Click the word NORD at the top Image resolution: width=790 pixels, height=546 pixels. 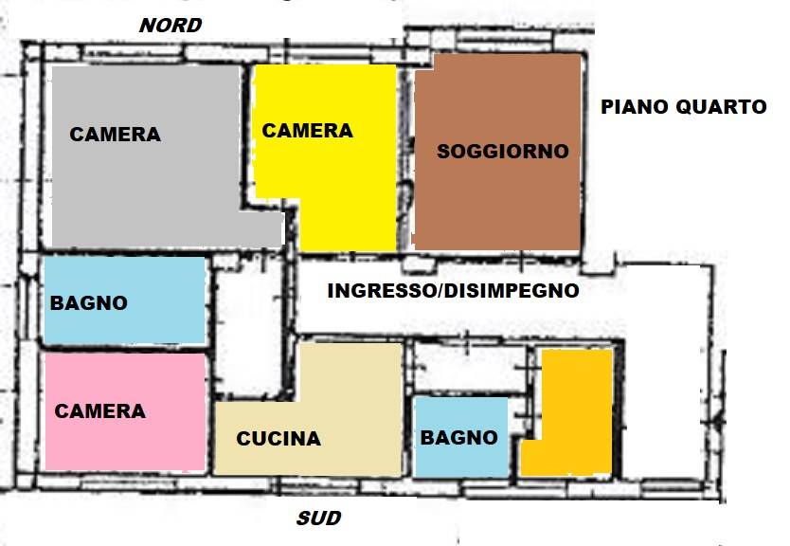coord(171,26)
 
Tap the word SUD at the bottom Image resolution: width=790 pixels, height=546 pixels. coord(318,519)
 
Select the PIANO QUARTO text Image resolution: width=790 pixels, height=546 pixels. coord(683,107)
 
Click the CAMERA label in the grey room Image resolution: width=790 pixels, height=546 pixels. coord(115,135)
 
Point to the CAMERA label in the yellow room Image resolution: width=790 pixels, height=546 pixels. coord(307,131)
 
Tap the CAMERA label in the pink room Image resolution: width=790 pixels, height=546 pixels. coord(99,411)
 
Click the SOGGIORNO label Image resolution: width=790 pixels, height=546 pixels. coord(502,151)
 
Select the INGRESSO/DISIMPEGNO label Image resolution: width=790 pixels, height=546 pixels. coord(453,291)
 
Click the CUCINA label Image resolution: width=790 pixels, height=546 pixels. coord(278,439)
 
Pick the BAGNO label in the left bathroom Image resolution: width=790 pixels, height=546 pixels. coord(88,303)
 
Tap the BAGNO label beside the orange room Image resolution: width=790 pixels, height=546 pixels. coord(458,437)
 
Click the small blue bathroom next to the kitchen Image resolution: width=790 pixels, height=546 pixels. coord(459,460)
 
